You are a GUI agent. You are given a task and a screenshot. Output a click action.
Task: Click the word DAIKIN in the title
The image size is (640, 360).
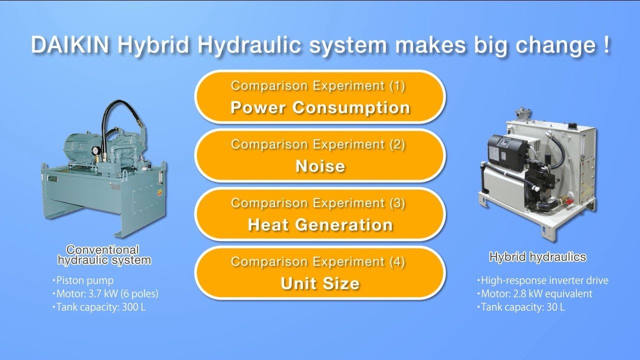(x=70, y=45)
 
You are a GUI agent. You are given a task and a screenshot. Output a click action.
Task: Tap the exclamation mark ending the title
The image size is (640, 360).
(x=606, y=44)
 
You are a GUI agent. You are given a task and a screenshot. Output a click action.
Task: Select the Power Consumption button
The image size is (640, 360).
(x=320, y=97)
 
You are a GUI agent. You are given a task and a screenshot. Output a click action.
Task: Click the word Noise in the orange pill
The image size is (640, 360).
(x=320, y=166)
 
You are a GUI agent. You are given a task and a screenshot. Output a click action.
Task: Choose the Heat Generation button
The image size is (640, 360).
(x=320, y=214)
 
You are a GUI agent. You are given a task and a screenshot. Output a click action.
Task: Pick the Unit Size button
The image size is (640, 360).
(x=320, y=273)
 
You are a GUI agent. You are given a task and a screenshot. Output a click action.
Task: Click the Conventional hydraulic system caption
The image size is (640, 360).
(x=104, y=255)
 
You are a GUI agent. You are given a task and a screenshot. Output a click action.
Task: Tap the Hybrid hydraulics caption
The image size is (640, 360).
(x=537, y=257)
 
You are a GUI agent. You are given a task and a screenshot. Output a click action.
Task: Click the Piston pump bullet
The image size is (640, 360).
(x=83, y=280)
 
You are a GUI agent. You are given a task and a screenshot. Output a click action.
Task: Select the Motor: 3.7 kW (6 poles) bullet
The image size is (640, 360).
(x=105, y=293)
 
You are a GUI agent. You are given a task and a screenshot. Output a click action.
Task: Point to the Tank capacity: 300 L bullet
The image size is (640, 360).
(x=99, y=307)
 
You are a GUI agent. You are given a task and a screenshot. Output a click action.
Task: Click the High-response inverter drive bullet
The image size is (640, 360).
(x=542, y=280)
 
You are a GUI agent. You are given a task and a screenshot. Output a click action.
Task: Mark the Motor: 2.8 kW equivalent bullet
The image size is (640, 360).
(x=534, y=293)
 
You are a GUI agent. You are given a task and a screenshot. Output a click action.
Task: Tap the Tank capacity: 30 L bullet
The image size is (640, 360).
(x=521, y=307)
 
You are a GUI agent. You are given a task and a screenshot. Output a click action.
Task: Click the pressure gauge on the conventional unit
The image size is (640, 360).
(x=96, y=150)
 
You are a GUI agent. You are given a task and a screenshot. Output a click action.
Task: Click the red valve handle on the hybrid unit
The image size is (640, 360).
(x=569, y=202)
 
